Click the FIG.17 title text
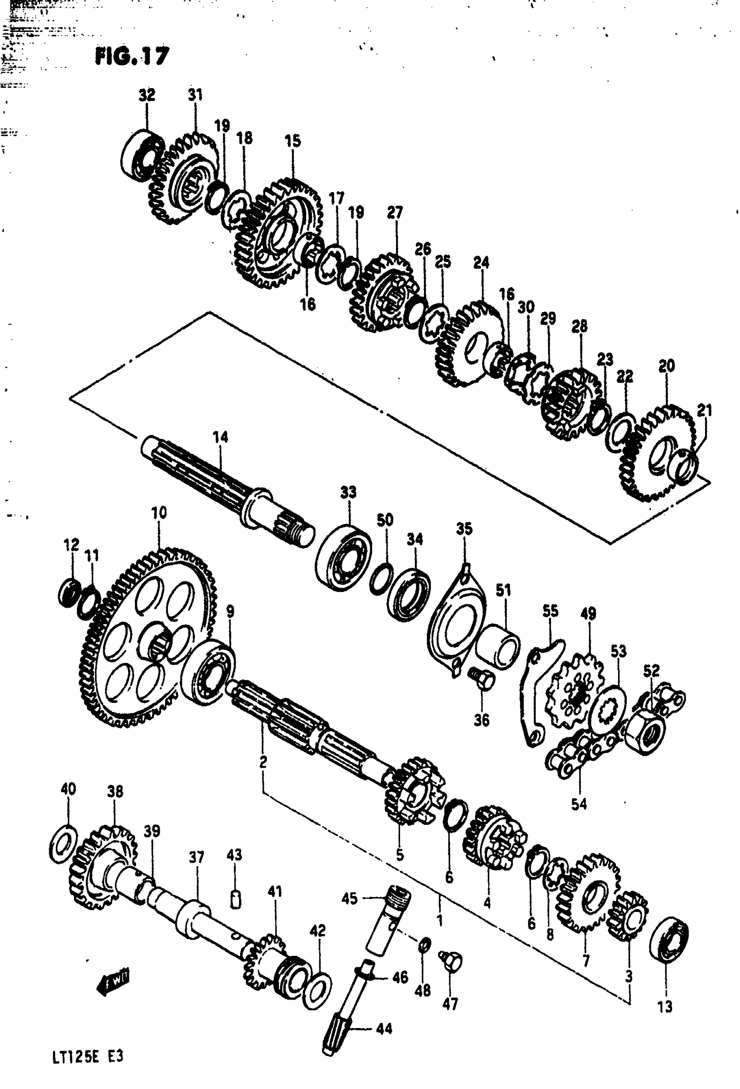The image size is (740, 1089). coord(132,57)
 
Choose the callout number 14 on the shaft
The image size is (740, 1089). coord(220,437)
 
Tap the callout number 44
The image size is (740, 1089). coord(384,1029)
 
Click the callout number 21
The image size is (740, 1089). coord(704,410)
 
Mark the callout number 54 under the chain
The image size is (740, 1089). coord(579,803)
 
